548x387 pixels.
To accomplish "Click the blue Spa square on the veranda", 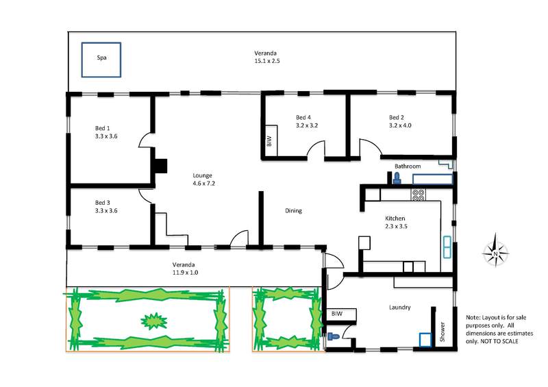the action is tap(101, 60).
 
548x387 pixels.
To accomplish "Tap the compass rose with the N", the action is tap(495, 250).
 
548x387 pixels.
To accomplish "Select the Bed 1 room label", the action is tap(102, 128).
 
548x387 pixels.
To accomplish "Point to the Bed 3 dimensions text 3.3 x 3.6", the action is tap(106, 211).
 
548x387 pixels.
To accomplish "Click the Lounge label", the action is tap(202, 175).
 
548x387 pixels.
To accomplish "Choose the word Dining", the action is tap(294, 211).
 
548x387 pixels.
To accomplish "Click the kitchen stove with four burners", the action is tap(419, 195).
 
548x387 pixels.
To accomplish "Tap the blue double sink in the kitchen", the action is tap(447, 247).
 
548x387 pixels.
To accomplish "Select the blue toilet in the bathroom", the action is tap(397, 178).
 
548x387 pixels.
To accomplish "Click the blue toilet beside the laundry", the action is tap(334, 337).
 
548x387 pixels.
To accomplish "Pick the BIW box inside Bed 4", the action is tap(271, 140).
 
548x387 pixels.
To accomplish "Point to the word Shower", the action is tap(443, 332).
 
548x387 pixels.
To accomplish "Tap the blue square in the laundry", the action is tap(425, 340).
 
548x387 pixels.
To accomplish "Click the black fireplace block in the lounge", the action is tap(161, 166).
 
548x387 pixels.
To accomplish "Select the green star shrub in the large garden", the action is tap(153, 321).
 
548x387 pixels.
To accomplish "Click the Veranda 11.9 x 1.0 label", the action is tap(184, 269).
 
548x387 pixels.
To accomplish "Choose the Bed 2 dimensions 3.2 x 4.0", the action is tap(400, 125).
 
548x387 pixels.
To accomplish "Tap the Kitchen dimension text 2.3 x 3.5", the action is tap(397, 226).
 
